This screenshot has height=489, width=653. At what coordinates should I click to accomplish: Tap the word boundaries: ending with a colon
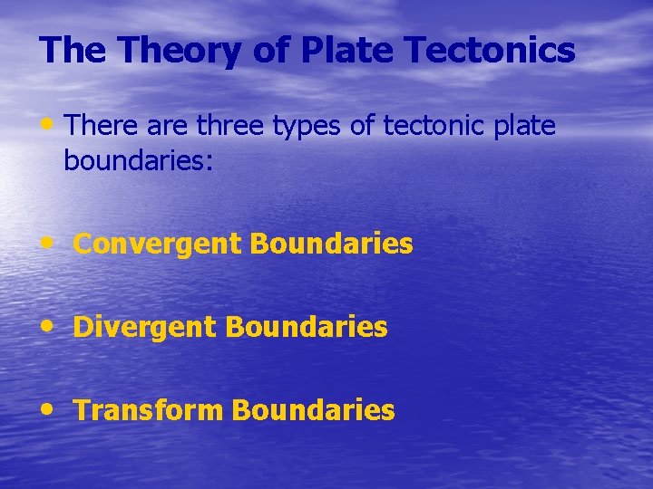coord(139,160)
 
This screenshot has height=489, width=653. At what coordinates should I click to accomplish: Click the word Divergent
coord(145,327)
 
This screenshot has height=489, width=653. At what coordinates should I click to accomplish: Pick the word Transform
coord(149,410)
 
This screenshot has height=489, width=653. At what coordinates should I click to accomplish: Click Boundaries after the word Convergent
coord(331,244)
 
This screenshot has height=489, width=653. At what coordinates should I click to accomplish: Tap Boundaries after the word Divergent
coord(307,327)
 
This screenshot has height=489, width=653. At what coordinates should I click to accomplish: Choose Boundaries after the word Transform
coord(313,410)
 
